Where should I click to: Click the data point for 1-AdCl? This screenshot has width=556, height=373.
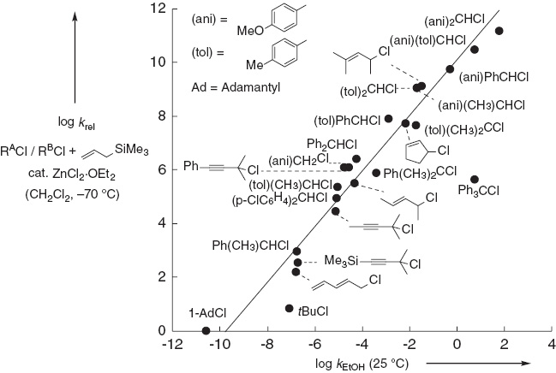pos(206,331)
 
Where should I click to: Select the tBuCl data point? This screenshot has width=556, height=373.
pos(289,308)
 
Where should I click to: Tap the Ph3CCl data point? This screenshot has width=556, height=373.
pos(475,180)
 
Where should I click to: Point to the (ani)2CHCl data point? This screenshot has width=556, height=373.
pos(499,31)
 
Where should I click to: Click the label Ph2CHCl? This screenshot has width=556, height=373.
pos(332,145)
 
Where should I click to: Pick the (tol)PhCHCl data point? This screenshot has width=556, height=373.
pos(389,119)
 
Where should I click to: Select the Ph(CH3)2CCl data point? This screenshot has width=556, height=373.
pos(376,173)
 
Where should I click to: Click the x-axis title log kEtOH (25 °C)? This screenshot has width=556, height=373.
pos(362,364)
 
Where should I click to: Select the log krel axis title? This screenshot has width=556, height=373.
pos(76,122)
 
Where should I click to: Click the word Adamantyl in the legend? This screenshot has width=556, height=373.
pos(251,87)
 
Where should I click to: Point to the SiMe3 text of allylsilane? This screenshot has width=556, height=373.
pos(132,150)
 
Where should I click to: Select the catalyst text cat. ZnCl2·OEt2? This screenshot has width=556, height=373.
pos(72,175)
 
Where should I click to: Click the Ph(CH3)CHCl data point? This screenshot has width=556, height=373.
pos(296,252)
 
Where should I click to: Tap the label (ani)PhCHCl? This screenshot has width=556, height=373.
pos(494,77)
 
